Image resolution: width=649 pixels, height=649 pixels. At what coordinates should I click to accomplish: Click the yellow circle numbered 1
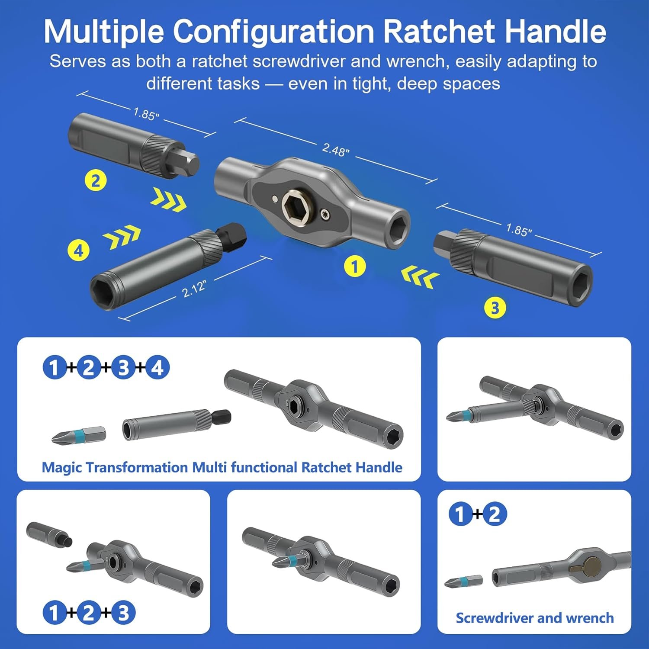click(355, 267)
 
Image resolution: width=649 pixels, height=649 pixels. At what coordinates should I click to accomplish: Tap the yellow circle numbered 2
click(96, 180)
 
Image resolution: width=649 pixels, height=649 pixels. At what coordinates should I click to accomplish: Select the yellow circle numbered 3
click(495, 308)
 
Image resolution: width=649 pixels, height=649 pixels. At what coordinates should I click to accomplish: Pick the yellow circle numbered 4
click(78, 251)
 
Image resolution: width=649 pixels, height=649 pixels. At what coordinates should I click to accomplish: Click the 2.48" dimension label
click(336, 150)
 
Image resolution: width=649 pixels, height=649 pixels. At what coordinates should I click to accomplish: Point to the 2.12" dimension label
click(194, 288)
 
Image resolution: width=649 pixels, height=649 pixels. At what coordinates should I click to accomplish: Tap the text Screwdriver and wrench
click(535, 618)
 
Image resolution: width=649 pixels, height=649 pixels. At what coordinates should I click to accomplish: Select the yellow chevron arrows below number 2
click(169, 200)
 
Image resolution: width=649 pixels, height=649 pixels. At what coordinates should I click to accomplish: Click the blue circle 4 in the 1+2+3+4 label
click(157, 368)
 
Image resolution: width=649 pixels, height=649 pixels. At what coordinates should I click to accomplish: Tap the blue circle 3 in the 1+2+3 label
click(124, 613)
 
